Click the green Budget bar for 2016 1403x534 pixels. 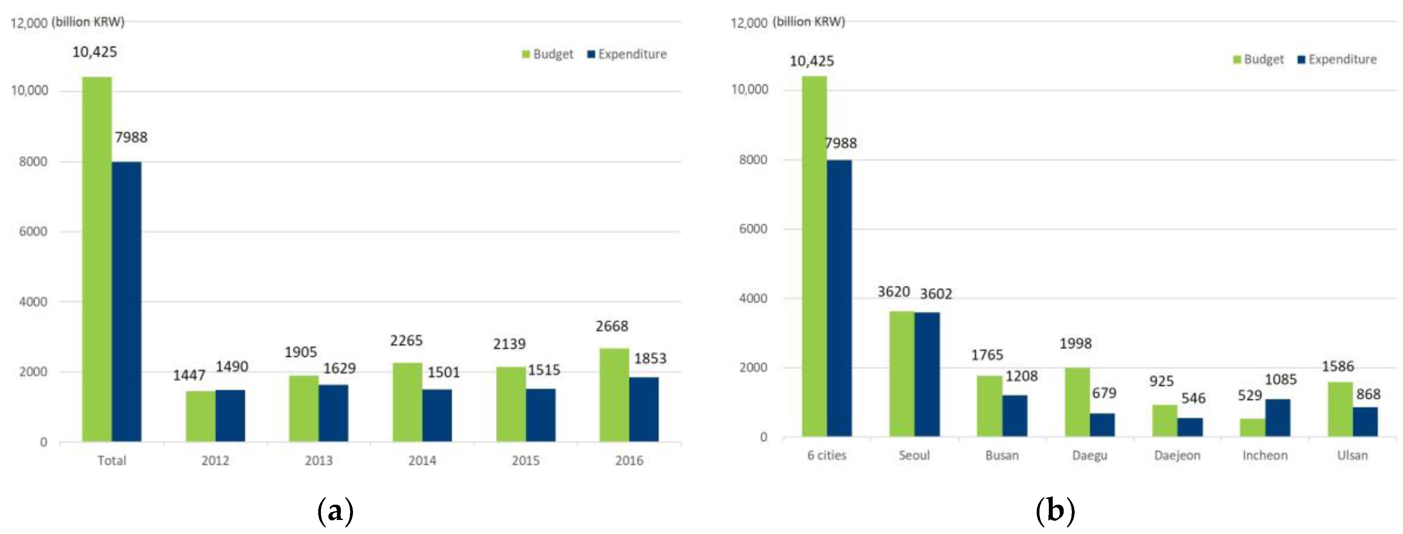614,395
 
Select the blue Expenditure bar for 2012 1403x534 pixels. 230,415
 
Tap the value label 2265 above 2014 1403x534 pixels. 406,341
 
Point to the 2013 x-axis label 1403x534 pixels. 319,461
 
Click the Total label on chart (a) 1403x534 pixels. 112,461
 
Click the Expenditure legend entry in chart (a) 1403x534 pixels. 627,54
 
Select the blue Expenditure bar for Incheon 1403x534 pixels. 1277,418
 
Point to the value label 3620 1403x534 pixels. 893,292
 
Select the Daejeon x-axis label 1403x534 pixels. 1177,455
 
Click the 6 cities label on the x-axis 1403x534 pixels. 826,455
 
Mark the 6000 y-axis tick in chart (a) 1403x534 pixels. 33,231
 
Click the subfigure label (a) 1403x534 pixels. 335,511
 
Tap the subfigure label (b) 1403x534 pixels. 1055,511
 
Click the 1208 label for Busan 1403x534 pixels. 1021,376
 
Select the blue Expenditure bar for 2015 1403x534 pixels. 540,415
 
